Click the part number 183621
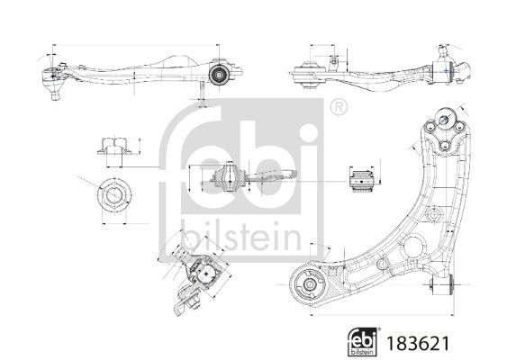[418, 343]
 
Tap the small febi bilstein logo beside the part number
[363, 342]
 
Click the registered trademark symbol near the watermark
[339, 106]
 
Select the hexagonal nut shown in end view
[114, 195]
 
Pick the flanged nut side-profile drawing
[114, 146]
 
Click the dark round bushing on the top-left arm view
[219, 75]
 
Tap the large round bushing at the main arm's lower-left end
[308, 284]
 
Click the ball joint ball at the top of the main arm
[444, 119]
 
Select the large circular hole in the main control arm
[413, 247]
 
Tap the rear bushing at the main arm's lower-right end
[442, 284]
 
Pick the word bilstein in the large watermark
[241, 235]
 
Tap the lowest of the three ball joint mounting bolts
[445, 146]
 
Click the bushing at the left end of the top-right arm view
[308, 74]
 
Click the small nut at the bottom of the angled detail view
[195, 304]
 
